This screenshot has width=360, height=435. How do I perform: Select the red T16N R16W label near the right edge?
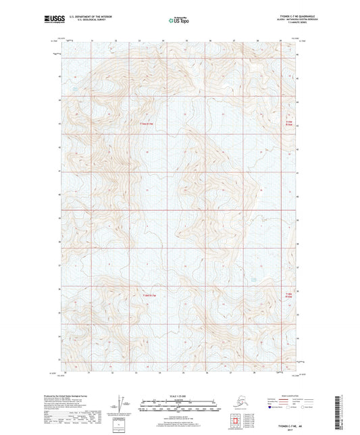tap(289, 123)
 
